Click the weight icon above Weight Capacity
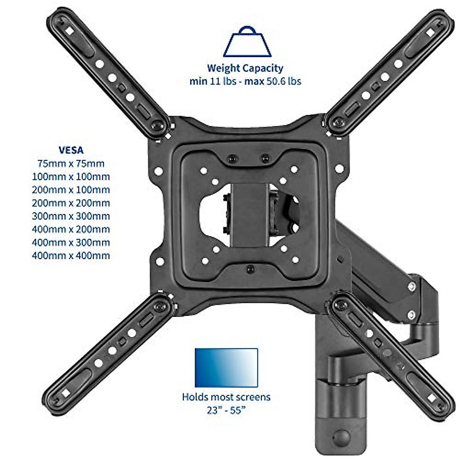247,42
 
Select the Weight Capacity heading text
245,68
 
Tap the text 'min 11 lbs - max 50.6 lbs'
245,81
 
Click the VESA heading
71,150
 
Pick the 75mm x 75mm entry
71,164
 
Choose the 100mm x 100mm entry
71,177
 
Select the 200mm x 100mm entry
71,190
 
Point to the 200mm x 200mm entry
71,203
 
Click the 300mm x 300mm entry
71,216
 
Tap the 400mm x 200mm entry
71,229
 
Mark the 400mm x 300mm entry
71,243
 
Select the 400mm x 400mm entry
71,256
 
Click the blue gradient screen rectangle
226,368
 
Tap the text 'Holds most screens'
226,397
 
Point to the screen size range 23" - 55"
226,410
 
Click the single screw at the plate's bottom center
251,269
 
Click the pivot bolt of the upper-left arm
157,125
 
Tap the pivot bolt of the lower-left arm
160,306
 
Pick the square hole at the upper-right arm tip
430,33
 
